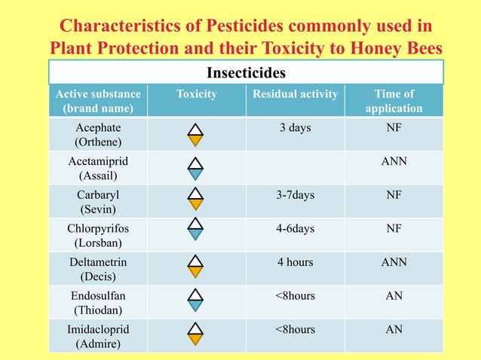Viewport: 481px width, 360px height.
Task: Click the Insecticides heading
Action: click(246, 74)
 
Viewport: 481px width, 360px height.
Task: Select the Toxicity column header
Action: click(196, 94)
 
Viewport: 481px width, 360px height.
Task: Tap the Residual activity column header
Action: click(295, 94)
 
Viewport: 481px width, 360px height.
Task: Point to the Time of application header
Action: click(394, 101)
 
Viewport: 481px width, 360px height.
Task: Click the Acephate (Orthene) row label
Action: click(98, 134)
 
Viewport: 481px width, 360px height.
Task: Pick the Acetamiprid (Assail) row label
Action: click(98, 169)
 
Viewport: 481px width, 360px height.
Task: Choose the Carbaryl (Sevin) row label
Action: click(98, 202)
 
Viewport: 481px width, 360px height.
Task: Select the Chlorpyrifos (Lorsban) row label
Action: click(98, 235)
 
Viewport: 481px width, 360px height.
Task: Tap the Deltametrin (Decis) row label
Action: click(98, 269)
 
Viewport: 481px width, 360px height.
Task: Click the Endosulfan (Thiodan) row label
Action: click(98, 303)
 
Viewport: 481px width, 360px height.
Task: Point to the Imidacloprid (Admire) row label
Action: click(98, 337)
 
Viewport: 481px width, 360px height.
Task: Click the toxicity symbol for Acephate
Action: click(195, 134)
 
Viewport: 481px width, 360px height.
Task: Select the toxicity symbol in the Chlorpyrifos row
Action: click(195, 229)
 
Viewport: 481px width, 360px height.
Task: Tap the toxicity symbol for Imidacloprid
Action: click(195, 334)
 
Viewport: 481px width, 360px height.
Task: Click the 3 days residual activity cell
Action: click(295, 128)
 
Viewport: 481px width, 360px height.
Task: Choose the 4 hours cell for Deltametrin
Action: click(295, 262)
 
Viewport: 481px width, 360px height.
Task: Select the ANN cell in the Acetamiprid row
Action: click(394, 161)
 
